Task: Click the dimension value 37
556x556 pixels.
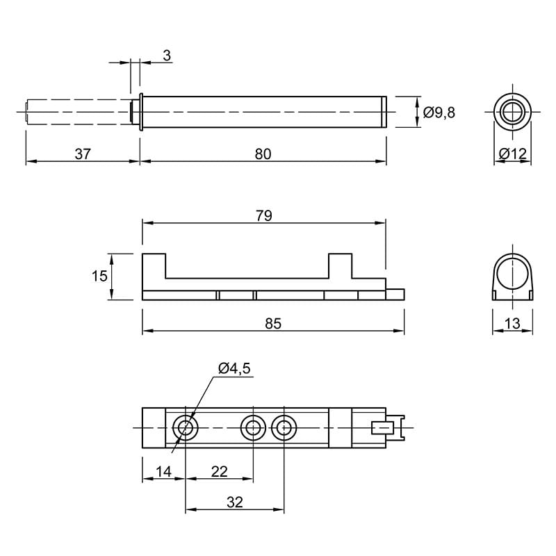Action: tap(83, 154)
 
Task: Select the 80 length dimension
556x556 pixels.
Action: tap(263, 154)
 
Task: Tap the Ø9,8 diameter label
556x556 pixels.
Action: tap(439, 113)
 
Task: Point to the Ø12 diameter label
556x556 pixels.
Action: tap(513, 154)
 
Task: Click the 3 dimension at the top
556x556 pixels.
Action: tap(167, 56)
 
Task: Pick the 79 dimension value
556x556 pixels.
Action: tap(264, 216)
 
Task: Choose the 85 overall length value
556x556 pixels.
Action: tap(273, 324)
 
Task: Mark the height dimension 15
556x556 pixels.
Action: tap(99, 276)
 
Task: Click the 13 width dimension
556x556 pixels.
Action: tap(512, 324)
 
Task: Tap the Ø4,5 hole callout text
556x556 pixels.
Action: tap(234, 368)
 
